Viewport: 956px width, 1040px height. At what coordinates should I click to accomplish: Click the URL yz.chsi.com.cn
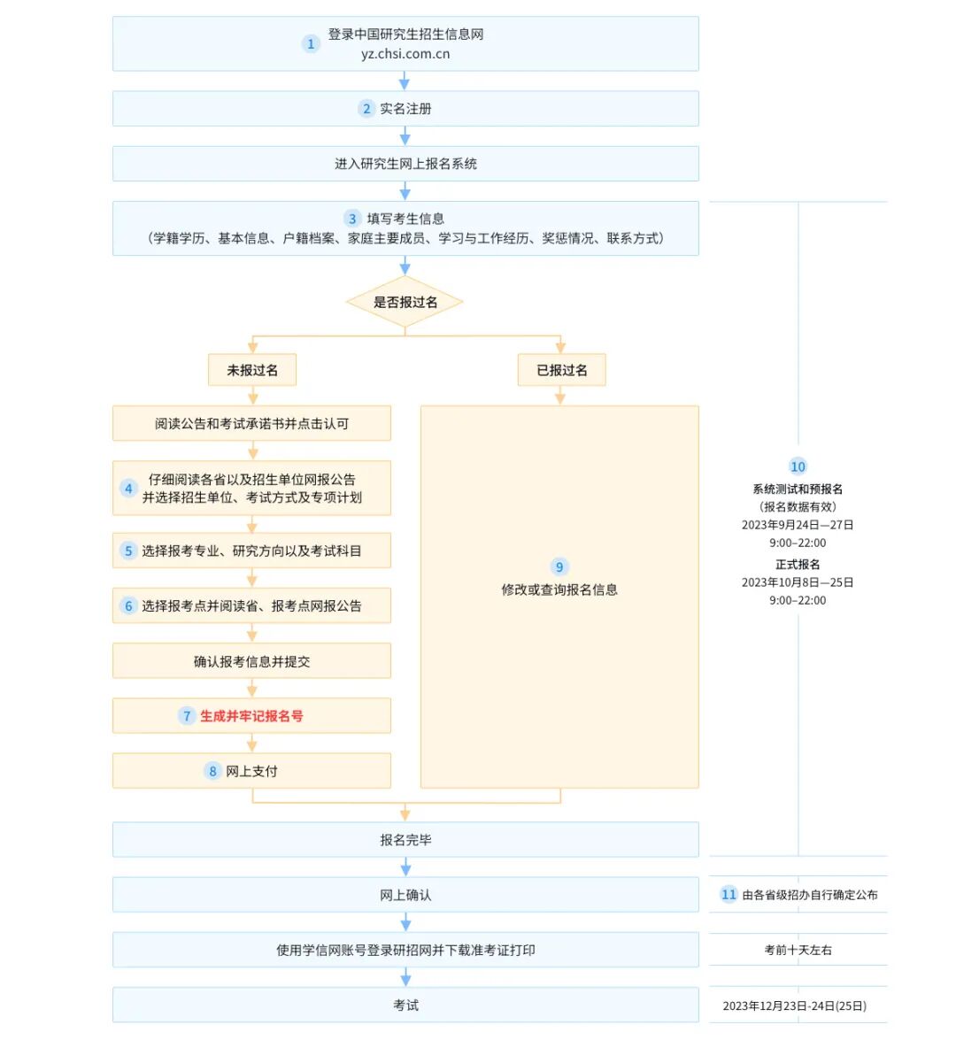(405, 54)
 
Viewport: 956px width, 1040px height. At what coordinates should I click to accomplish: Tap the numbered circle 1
(311, 43)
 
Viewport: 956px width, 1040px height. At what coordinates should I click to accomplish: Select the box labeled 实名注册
(405, 109)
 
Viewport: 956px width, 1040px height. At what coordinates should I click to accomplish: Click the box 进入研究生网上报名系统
(405, 164)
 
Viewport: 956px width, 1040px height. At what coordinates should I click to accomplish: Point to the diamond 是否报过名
(405, 302)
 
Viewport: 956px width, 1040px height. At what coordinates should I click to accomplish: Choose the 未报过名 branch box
(252, 370)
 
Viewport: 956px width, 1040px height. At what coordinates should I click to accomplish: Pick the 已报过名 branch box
(561, 370)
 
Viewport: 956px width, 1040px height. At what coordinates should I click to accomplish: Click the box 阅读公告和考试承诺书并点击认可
(251, 424)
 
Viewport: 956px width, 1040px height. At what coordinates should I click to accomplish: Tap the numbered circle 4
(128, 489)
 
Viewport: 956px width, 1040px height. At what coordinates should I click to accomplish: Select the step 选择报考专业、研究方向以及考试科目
(251, 551)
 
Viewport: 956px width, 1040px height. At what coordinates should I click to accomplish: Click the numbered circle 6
(128, 606)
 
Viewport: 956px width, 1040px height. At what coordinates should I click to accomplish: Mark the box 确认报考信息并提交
(251, 661)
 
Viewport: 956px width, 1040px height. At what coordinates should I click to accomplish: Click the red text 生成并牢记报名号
(251, 716)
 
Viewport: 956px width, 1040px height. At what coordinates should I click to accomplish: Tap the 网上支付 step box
(251, 771)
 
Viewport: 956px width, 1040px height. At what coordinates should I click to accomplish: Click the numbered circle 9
(559, 567)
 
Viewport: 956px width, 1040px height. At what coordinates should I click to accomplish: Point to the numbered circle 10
(798, 466)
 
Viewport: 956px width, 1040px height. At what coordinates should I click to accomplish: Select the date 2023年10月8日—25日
(798, 582)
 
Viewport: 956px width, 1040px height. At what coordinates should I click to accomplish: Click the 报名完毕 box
(405, 840)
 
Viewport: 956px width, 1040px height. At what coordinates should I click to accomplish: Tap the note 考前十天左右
(798, 950)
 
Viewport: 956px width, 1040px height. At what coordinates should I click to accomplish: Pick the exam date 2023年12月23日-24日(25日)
(794, 1005)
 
